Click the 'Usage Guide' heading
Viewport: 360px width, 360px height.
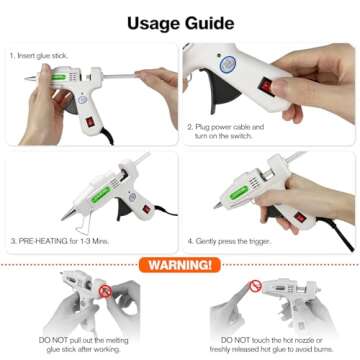pyautogui.click(x=179, y=21)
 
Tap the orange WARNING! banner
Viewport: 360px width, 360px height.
pyautogui.click(x=180, y=265)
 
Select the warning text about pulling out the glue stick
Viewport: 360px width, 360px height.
pyautogui.click(x=84, y=342)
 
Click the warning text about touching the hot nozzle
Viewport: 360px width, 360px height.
pyautogui.click(x=268, y=342)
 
